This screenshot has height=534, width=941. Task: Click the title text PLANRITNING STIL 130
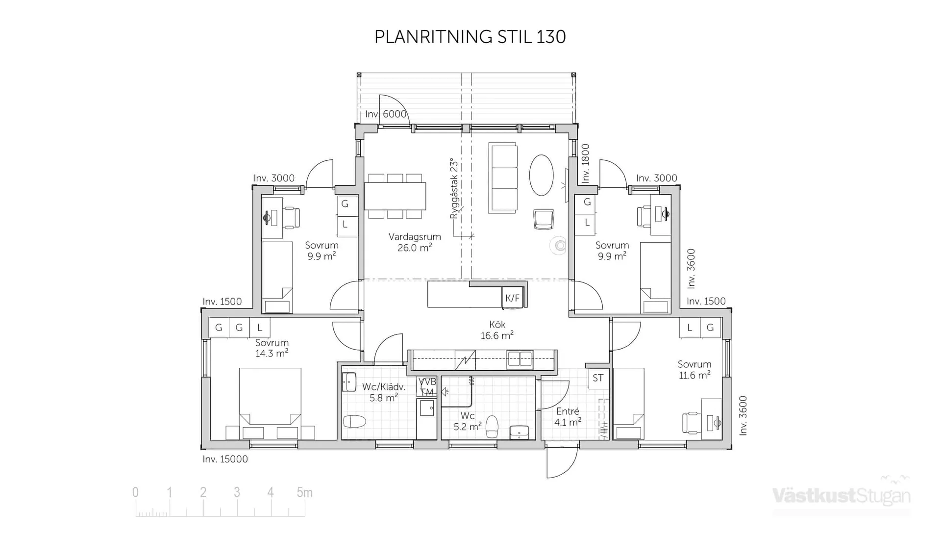click(x=470, y=37)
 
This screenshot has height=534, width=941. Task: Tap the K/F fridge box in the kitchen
click(x=512, y=298)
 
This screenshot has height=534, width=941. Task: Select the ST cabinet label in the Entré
click(x=598, y=378)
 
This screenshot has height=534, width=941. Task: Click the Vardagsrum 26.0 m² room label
click(x=415, y=242)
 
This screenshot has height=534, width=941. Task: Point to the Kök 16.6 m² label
click(x=497, y=330)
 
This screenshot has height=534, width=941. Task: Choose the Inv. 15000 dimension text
click(x=225, y=459)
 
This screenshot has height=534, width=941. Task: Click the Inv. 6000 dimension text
click(x=386, y=114)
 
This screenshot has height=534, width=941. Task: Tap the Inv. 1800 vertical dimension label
click(x=586, y=163)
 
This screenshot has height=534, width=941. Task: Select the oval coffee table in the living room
click(x=541, y=175)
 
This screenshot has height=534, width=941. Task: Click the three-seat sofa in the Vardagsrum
click(x=503, y=178)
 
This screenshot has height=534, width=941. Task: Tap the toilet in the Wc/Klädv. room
click(x=355, y=421)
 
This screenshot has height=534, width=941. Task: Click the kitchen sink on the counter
click(x=520, y=359)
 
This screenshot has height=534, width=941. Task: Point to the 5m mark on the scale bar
click(x=304, y=493)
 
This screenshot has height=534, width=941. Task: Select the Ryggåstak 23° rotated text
click(x=454, y=189)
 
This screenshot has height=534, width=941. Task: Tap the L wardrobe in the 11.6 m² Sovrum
click(x=690, y=328)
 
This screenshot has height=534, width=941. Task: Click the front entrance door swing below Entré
click(x=562, y=462)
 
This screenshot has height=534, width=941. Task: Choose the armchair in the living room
click(x=544, y=219)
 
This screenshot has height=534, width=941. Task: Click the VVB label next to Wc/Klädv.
click(x=427, y=382)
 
